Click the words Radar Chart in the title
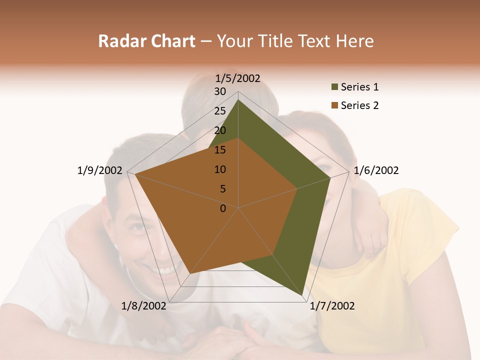tap(146, 41)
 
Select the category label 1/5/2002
tap(238, 78)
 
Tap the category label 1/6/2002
tap(376, 170)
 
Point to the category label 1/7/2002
tap(332, 306)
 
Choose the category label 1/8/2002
tap(143, 306)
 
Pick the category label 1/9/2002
tap(99, 170)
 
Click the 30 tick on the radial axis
tap(220, 91)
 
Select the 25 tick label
tap(220, 111)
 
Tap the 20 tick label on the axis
tap(220, 130)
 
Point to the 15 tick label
tap(220, 150)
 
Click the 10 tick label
tap(220, 169)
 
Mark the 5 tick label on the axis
tap(222, 189)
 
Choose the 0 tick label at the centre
tap(223, 208)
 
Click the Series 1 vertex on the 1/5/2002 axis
tap(238, 99)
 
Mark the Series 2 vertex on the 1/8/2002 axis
tap(190, 273)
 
